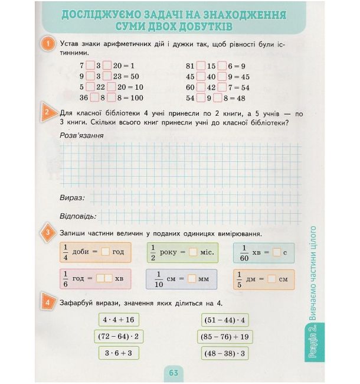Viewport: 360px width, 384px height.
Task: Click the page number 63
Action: (x=174, y=373)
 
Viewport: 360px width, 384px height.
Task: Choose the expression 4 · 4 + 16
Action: (x=118, y=320)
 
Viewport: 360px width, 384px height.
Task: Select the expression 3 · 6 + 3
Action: (x=118, y=353)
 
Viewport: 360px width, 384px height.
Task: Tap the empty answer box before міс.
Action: (x=193, y=252)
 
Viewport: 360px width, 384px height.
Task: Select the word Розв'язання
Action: (x=82, y=135)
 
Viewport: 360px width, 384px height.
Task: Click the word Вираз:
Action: (x=73, y=197)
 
